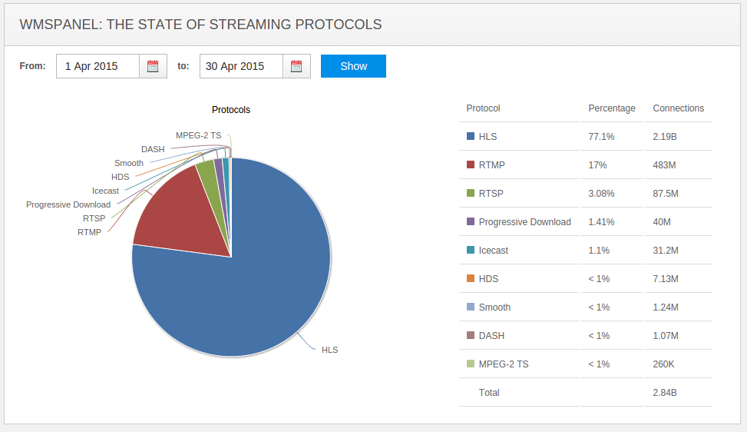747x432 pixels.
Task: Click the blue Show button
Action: (x=353, y=66)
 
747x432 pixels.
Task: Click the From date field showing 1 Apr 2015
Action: (x=98, y=66)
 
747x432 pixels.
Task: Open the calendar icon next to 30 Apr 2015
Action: (x=296, y=66)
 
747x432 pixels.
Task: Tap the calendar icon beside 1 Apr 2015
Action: (x=153, y=66)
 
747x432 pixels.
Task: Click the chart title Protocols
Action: (x=231, y=110)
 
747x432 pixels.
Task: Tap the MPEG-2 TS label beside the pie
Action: (x=198, y=135)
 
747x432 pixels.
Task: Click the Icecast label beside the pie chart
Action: (x=105, y=191)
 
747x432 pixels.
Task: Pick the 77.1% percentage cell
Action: (x=601, y=137)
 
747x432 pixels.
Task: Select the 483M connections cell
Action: (x=665, y=165)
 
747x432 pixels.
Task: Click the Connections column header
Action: (x=678, y=108)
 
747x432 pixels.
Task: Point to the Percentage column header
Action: (x=612, y=108)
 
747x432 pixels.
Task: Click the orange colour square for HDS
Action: (x=471, y=278)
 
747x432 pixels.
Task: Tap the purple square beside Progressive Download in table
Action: (x=471, y=221)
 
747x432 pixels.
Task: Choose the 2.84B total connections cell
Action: (x=665, y=393)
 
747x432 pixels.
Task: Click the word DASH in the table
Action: (x=491, y=336)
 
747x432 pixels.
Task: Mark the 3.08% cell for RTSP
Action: (x=603, y=194)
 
